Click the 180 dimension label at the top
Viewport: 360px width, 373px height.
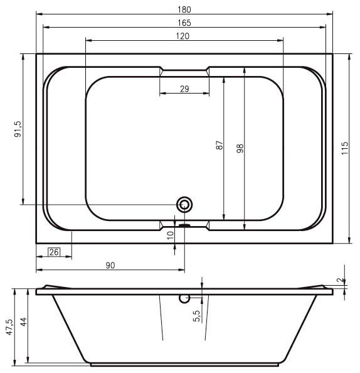click(184, 9)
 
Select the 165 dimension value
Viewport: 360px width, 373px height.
click(184, 23)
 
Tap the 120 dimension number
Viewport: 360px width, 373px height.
click(183, 36)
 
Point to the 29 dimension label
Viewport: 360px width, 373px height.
click(184, 89)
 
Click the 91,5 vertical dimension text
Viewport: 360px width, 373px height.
click(18, 129)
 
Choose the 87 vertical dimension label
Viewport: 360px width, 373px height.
click(220, 145)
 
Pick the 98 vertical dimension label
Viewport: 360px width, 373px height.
click(240, 148)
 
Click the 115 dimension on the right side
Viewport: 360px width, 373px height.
click(345, 148)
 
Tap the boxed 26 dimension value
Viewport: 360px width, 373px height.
click(54, 252)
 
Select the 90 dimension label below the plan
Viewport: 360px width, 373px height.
click(110, 265)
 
